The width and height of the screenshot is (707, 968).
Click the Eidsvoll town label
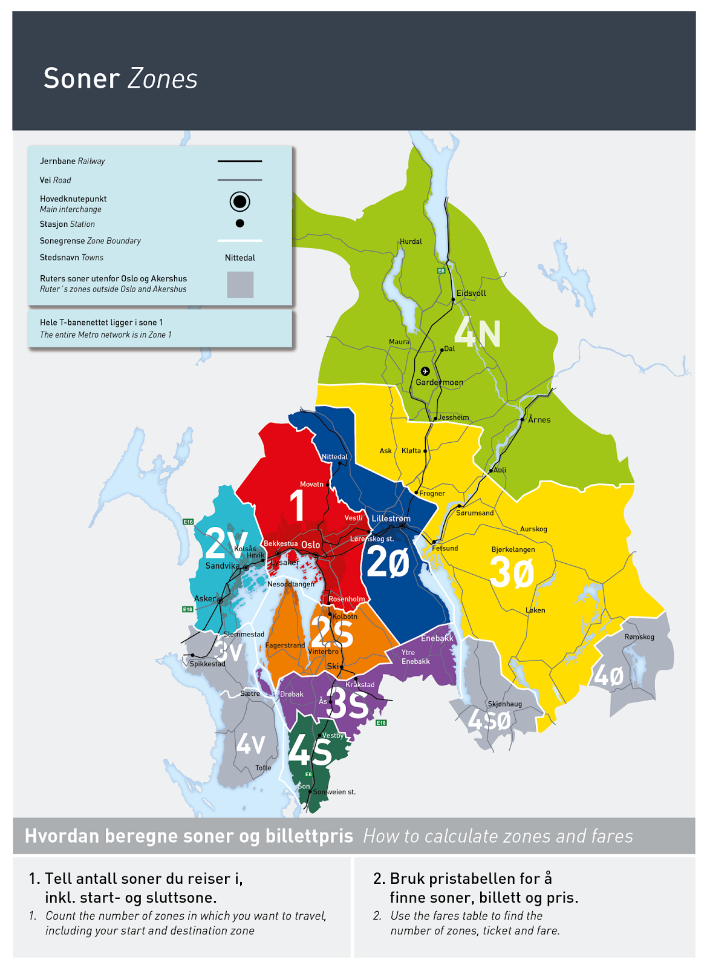click(x=471, y=293)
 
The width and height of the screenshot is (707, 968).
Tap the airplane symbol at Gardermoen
click(x=425, y=371)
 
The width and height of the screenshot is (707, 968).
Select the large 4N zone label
click(x=478, y=333)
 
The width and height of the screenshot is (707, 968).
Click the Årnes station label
click(x=539, y=420)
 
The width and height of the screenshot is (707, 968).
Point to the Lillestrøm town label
click(x=391, y=518)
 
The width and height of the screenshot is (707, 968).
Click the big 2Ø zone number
click(x=388, y=562)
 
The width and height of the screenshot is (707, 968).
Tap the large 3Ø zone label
click(x=512, y=572)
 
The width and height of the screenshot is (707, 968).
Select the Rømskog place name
click(x=639, y=636)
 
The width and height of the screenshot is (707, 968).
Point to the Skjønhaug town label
click(x=504, y=704)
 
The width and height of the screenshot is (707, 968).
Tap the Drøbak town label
click(x=292, y=694)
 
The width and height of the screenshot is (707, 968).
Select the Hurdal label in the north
click(x=411, y=241)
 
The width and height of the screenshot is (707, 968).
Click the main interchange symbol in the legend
click(x=239, y=201)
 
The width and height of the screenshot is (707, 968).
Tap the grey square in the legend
click(x=239, y=284)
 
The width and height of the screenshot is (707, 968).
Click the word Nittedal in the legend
click(x=239, y=258)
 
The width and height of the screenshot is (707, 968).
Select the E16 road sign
click(x=188, y=522)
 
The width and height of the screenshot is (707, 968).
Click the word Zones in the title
click(x=163, y=79)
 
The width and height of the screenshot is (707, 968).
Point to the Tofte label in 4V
click(x=263, y=768)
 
